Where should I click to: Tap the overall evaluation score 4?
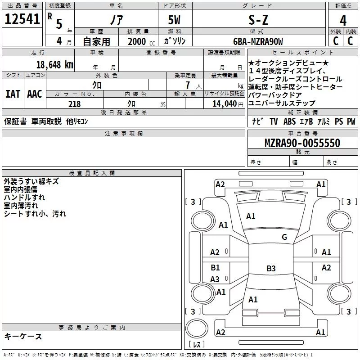tap(343, 20)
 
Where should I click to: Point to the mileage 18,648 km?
tap(54, 64)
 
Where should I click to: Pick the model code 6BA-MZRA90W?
tap(258, 42)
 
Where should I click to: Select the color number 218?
tap(75, 104)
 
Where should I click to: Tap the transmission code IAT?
tap(13, 94)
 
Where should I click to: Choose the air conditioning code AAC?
tap(34, 94)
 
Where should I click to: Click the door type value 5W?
tap(174, 20)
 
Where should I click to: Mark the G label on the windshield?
tap(284, 237)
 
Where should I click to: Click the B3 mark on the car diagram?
tap(271, 269)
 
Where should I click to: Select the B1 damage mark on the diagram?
tap(215, 268)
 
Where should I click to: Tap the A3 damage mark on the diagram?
tap(215, 279)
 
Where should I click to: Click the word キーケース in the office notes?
tap(23, 336)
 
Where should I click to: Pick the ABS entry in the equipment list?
tap(289, 121)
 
